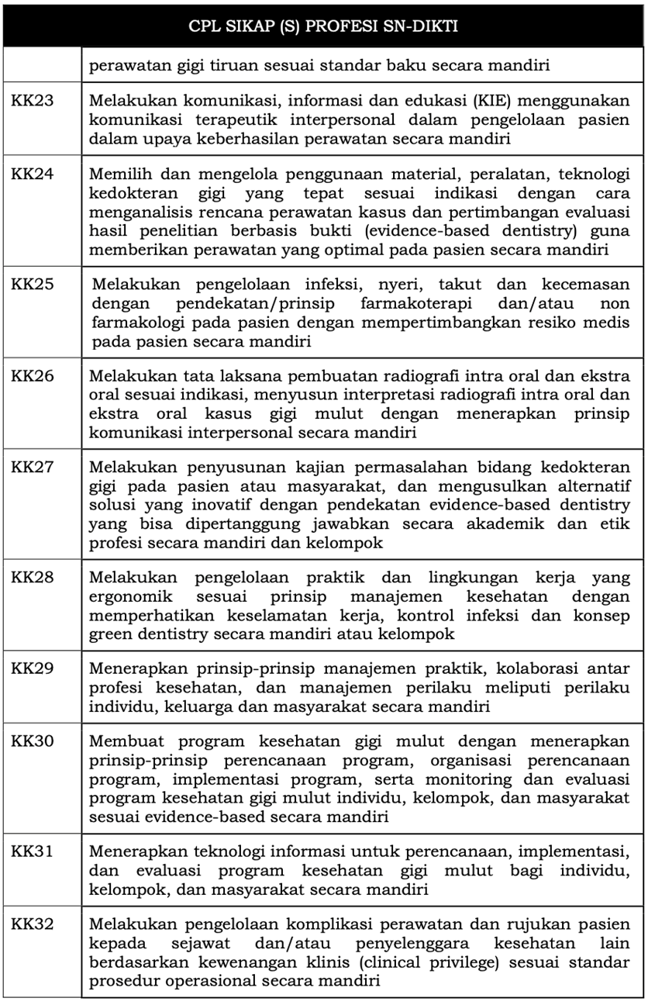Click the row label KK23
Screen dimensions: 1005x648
pos(33,102)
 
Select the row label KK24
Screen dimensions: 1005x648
pos(33,173)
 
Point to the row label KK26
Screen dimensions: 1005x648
pos(33,377)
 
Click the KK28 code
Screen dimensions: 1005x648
pos(33,578)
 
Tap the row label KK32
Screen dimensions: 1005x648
pos(33,924)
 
